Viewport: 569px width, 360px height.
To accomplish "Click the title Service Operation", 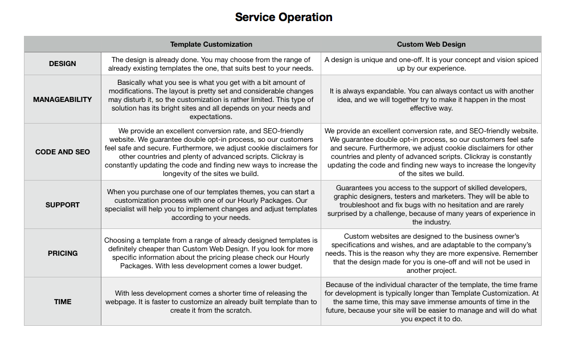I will tap(284, 17).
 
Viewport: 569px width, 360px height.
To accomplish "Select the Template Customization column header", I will tap(211, 44).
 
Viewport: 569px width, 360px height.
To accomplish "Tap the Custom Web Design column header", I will tap(431, 44).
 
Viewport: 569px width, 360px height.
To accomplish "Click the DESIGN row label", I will tap(63, 64).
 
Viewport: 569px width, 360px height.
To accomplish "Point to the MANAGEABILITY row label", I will tap(63, 100).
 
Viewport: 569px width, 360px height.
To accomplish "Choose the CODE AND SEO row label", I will tap(63, 152).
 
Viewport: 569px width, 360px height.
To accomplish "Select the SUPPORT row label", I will tap(63, 205).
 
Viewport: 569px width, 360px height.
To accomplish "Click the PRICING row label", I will tap(63, 253).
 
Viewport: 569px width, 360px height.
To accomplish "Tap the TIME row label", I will tap(63, 302).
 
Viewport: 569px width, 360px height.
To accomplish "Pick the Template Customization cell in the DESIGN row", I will tap(211, 64).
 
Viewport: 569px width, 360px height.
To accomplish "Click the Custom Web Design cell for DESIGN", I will tap(431, 64).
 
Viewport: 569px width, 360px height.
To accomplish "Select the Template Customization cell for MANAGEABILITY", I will tap(211, 100).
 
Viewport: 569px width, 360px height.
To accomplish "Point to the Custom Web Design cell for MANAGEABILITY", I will tap(431, 100).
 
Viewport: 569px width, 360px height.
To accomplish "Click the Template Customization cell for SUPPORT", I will tap(211, 205).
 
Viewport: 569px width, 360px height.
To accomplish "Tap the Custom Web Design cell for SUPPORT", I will tap(431, 205).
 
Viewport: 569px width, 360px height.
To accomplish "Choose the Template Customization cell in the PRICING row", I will tap(211, 253).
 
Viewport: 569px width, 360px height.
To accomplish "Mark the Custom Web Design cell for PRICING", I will tap(431, 253).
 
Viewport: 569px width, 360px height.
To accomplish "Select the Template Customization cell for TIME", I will tap(211, 302).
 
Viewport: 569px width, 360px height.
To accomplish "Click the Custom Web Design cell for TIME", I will tap(431, 302).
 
